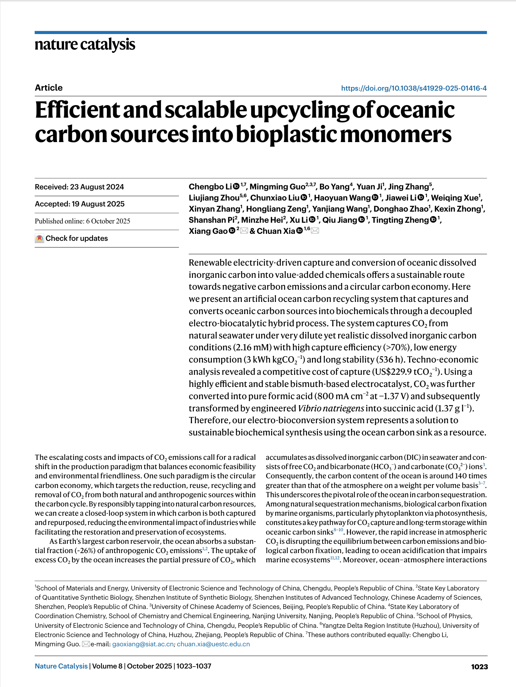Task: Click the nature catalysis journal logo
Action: [85, 44]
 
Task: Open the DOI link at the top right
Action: [414, 88]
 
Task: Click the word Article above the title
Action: [48, 88]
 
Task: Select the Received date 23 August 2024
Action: [79, 187]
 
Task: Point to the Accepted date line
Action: [80, 204]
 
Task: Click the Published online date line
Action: [82, 221]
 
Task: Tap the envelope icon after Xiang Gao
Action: [244, 231]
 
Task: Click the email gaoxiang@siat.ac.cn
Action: [143, 644]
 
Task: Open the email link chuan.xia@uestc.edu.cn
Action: [213, 644]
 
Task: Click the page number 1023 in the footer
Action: [479, 667]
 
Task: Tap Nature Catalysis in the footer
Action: [61, 666]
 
